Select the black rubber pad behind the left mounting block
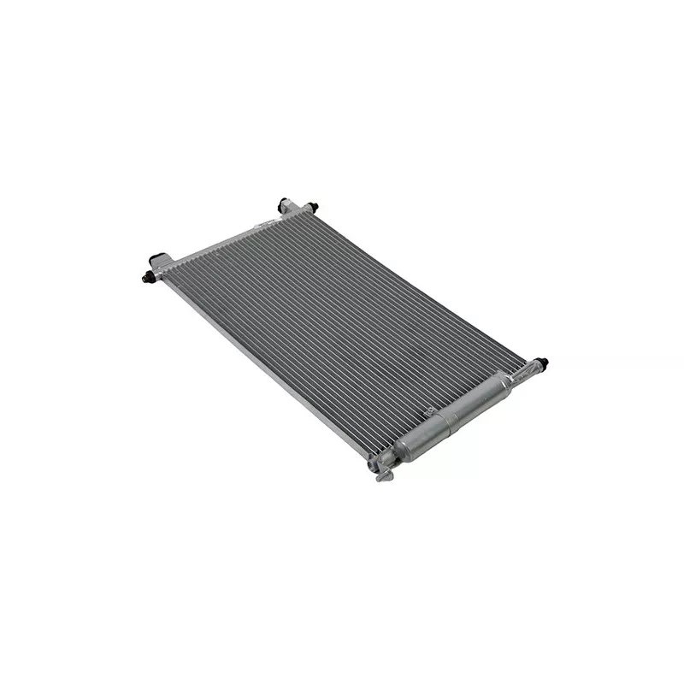coord(157,257)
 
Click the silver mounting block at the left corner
coord(162,268)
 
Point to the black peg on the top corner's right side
coord(313,207)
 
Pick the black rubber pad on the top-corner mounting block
coord(284,203)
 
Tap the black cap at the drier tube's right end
coord(542,363)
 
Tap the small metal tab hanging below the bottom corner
coord(384,475)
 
